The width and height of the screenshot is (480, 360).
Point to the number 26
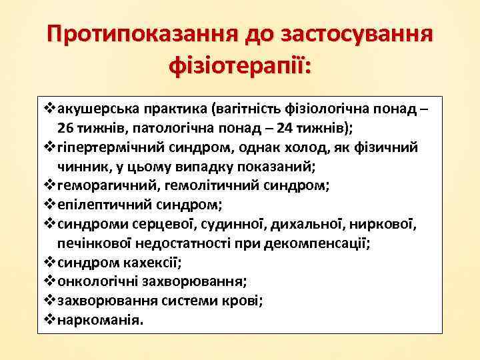click(x=66, y=127)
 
